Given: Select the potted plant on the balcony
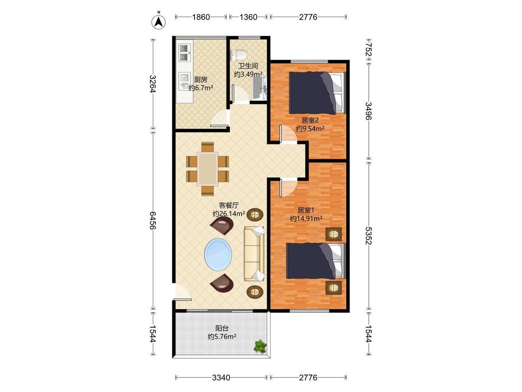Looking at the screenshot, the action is pyautogui.click(x=260, y=346).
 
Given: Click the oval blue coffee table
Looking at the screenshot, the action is pyautogui.click(x=218, y=255).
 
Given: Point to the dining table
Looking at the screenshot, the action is pyautogui.click(x=207, y=169).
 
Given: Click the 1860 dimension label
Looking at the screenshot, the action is pyautogui.click(x=201, y=17).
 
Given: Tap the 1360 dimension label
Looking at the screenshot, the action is pyautogui.click(x=248, y=17).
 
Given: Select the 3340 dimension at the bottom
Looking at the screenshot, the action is pyautogui.click(x=221, y=378).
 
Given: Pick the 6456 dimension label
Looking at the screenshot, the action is pyautogui.click(x=153, y=220).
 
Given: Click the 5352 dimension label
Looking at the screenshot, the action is pyautogui.click(x=368, y=235).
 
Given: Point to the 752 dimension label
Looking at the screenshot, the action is pyautogui.click(x=368, y=49).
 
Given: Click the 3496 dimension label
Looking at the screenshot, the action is pyautogui.click(x=368, y=111).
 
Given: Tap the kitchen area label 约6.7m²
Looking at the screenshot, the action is pyautogui.click(x=201, y=88).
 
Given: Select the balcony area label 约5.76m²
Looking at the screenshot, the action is pyautogui.click(x=222, y=337).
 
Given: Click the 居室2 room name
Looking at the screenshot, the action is pyautogui.click(x=310, y=120).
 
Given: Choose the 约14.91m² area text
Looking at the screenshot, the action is pyautogui.click(x=306, y=219).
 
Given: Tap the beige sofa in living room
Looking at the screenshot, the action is pyautogui.click(x=255, y=254).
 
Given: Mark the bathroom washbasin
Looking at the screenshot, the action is pyautogui.click(x=260, y=88).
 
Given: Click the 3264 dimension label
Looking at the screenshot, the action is pyautogui.click(x=153, y=84).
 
